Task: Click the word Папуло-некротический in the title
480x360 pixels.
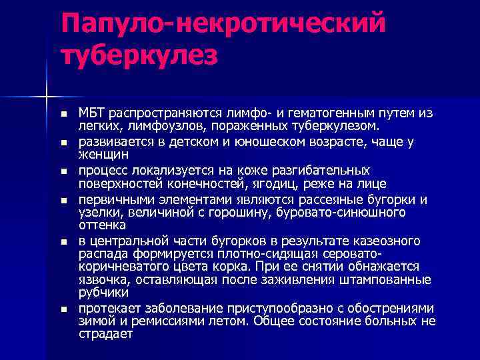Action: pyautogui.click(x=223, y=25)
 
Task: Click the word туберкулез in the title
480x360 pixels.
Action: pyautogui.click(x=139, y=56)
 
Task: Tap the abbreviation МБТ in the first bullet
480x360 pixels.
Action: pyautogui.click(x=93, y=113)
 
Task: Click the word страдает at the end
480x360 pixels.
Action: pyautogui.click(x=106, y=334)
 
